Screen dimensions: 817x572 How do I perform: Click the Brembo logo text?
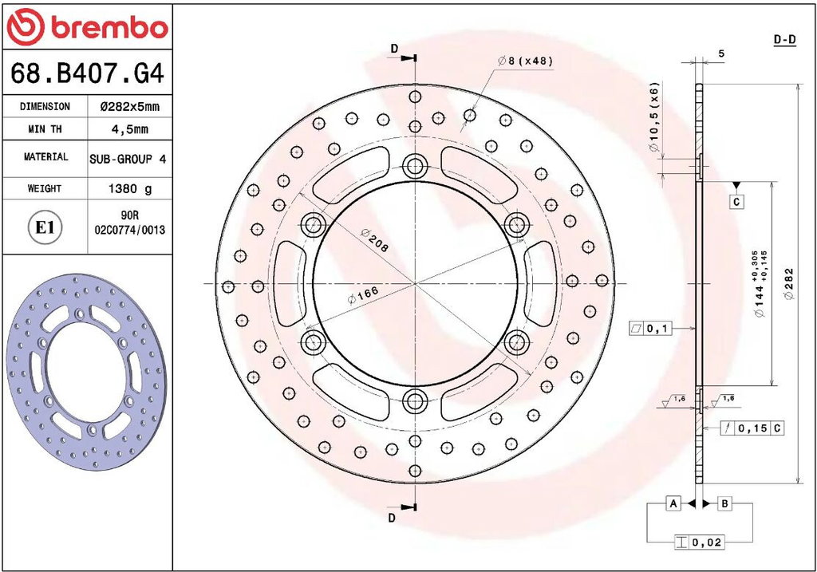(109, 28)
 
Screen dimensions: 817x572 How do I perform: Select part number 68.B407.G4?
(88, 73)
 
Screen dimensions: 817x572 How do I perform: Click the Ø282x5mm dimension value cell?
(130, 107)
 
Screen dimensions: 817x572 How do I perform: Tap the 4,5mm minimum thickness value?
(130, 129)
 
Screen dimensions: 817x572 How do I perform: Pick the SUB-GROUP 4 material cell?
(128, 159)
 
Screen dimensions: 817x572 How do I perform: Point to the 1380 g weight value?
(130, 188)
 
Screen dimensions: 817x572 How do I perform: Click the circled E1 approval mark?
(45, 227)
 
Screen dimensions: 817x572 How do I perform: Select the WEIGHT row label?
(45, 188)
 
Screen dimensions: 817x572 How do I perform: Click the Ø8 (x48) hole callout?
(525, 61)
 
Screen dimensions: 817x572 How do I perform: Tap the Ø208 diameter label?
(374, 240)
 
